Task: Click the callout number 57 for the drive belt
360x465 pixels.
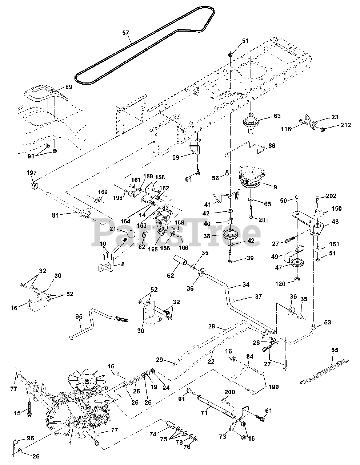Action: [x=126, y=33]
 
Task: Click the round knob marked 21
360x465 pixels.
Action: [x=131, y=234]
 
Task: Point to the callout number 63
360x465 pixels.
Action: [x=277, y=116]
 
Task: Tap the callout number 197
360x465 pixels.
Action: [x=32, y=173]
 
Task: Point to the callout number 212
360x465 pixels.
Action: [x=345, y=125]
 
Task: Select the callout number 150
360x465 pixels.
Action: [x=337, y=208]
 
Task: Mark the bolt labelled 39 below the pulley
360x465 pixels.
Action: [x=230, y=254]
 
